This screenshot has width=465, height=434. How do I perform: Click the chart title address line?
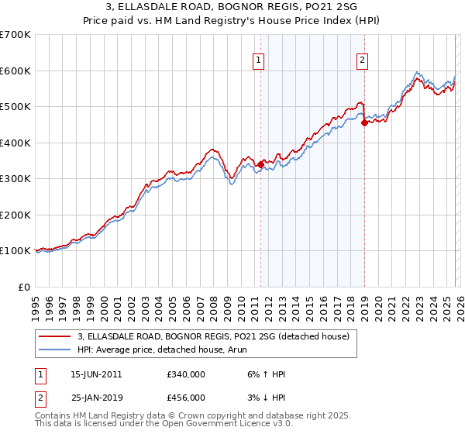(232, 8)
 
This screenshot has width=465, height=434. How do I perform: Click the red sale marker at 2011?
(260, 164)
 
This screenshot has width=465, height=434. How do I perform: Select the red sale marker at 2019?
(364, 122)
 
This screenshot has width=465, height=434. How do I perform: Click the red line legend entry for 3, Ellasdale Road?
(214, 336)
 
